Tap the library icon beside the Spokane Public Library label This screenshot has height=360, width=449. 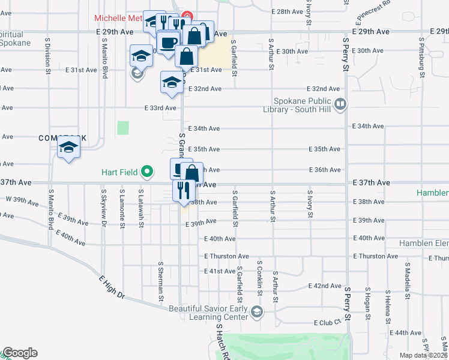(340, 105)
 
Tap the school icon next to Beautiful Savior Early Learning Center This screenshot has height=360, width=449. (257, 311)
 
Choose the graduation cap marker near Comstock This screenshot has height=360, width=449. (69, 148)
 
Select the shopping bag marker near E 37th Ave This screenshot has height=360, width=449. (191, 173)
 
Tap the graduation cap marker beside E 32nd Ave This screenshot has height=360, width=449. (172, 82)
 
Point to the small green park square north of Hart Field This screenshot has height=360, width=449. (123, 127)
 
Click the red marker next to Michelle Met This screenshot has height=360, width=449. (187, 16)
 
